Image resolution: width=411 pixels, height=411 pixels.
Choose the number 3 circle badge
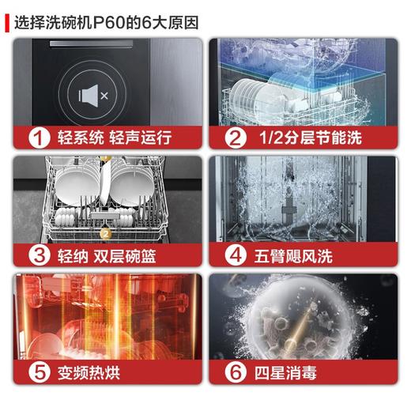[34, 255]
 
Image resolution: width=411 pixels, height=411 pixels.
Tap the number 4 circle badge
[234, 255]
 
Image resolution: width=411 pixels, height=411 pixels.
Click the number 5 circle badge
[34, 372]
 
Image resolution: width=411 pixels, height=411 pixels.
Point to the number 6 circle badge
[234, 372]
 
